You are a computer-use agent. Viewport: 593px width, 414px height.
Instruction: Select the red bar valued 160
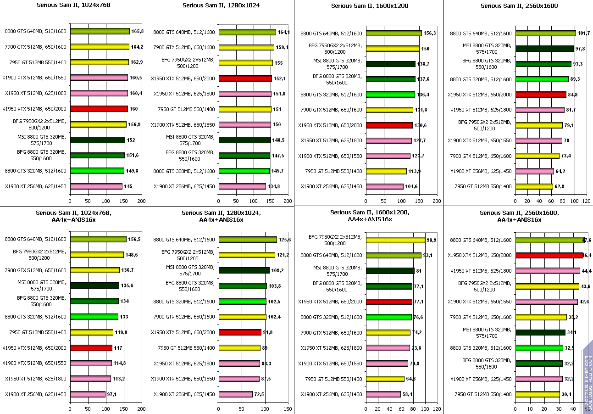[99, 109]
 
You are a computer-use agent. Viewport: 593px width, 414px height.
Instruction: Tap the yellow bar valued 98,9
[395, 240]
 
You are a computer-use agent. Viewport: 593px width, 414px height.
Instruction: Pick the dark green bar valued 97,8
[544, 48]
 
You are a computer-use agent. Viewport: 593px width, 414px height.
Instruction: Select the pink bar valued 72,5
[236, 394]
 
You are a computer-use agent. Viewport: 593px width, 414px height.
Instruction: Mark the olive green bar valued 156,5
[98, 239]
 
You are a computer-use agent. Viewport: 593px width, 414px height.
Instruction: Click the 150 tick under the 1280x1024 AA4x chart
[288, 408]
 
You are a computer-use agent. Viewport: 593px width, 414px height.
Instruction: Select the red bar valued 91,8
[240, 332]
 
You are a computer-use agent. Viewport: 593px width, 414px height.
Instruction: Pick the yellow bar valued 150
[393, 48]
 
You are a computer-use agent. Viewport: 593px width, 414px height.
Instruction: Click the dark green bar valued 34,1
[540, 332]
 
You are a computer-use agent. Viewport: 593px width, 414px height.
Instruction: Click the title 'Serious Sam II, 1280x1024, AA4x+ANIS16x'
[221, 216]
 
